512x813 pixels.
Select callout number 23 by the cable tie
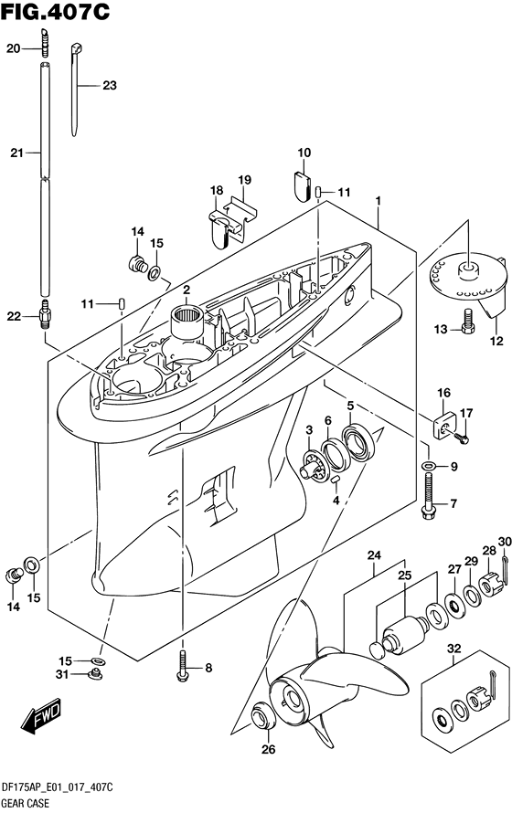(x=110, y=85)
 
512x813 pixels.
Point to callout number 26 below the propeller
(x=268, y=749)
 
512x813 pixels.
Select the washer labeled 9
(x=428, y=465)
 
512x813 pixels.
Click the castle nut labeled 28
(x=490, y=584)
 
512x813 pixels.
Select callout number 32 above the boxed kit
(x=453, y=649)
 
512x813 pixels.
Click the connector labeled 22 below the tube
(x=45, y=312)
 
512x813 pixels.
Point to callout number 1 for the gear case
(x=379, y=201)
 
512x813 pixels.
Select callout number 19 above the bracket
(x=245, y=180)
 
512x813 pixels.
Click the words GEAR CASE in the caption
(x=25, y=803)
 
